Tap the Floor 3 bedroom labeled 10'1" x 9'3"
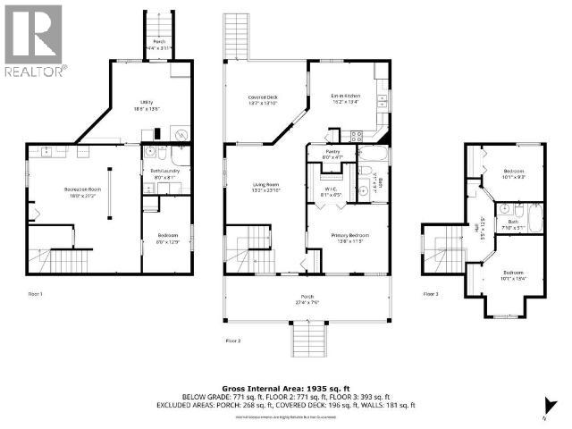512,174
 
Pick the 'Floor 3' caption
431,293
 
